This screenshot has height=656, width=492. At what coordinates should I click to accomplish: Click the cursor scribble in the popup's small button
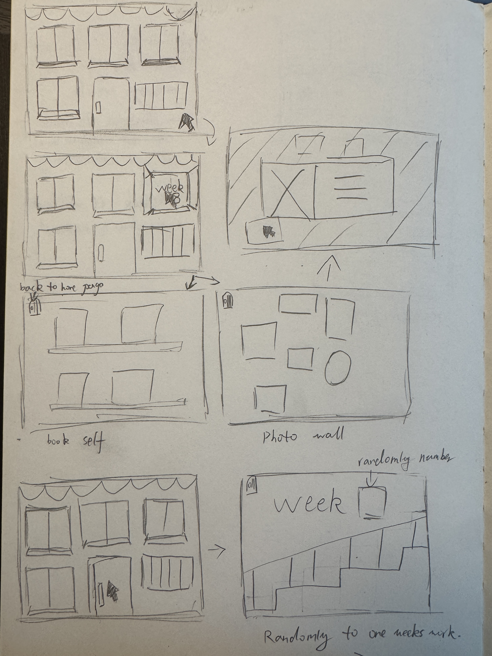pos(269,232)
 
